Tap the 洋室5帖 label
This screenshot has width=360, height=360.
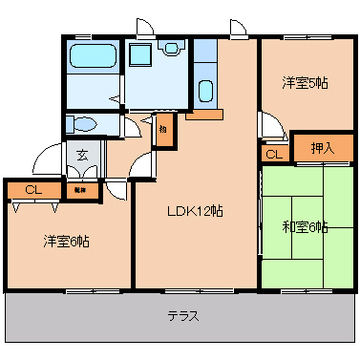point(304,83)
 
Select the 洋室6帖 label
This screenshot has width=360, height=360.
point(66,241)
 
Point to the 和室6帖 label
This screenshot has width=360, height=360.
point(305,227)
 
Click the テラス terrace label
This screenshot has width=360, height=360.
point(182,316)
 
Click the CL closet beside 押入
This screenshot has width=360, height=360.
point(273,154)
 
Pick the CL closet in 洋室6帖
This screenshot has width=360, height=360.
point(33,190)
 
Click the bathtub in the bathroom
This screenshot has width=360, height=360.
point(93,57)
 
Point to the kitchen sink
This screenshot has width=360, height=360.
point(205,93)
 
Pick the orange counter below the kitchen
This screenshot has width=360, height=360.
point(204,116)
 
